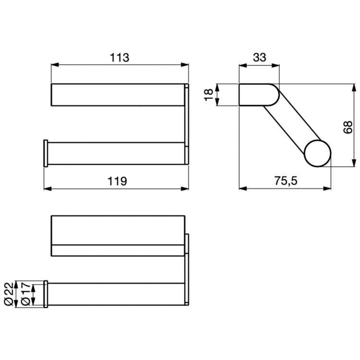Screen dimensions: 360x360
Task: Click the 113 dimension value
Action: pos(119,58)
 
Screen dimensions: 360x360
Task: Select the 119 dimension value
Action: pos(117,181)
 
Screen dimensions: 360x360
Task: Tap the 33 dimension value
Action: pos(259,58)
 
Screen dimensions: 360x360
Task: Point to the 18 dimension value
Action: pos(208,95)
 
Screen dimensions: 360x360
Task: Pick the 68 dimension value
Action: pos(348,126)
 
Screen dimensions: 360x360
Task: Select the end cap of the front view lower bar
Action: pos(46,153)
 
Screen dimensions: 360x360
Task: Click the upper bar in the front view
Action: pos(118,95)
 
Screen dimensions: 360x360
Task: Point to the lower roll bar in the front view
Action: pos(115,153)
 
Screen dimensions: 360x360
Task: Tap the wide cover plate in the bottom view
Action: pos(118,230)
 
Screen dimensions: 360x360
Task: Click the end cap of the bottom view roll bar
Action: pos(46,294)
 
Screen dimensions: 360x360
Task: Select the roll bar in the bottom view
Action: pos(115,294)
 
